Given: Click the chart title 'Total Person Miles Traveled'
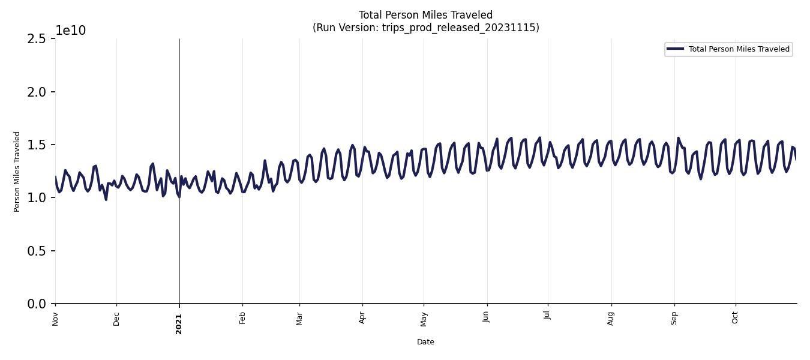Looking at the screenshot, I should tap(425, 15).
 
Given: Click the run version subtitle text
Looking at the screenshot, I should tap(425, 28).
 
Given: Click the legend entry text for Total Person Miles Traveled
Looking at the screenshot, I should tap(739, 49).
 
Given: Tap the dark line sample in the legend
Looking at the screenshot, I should tap(675, 49).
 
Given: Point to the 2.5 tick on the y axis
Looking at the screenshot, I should tap(37, 39).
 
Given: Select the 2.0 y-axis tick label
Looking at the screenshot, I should tap(37, 92).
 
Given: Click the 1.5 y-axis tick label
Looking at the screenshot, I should tap(37, 145).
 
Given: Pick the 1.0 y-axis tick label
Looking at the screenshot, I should tap(37, 198).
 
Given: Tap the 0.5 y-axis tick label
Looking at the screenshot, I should tap(37, 251).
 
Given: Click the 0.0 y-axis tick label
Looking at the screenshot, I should tap(37, 304).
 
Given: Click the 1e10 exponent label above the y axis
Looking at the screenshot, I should tap(71, 31).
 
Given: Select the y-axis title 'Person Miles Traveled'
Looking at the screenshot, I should tap(17, 172).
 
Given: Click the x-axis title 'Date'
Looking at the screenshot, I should tap(425, 342).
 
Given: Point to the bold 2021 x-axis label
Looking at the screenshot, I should tap(179, 323).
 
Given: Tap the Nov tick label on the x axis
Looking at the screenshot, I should tap(55, 319).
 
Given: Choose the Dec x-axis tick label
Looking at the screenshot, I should tap(116, 319).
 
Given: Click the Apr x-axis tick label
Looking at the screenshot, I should tap(362, 318).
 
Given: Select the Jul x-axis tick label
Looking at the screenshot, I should tap(547, 317).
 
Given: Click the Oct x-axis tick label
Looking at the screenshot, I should tap(735, 317).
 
